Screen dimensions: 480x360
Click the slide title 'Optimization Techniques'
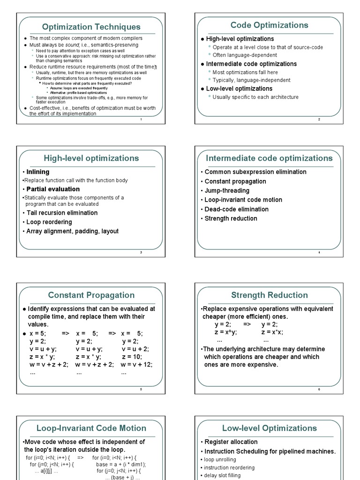[x=91, y=27]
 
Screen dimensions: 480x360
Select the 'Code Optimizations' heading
[x=269, y=25]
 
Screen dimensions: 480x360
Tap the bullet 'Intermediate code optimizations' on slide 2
[x=251, y=64]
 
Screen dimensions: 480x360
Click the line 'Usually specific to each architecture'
[x=255, y=97]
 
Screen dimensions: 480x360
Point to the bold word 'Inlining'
[x=37, y=172]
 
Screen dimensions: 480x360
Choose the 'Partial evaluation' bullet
[x=53, y=189]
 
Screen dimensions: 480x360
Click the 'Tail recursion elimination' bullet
[x=62, y=213]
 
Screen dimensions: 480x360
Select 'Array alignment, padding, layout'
[x=72, y=231]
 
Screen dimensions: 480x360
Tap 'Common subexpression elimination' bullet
[x=255, y=172]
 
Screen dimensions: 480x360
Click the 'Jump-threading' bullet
[x=227, y=191]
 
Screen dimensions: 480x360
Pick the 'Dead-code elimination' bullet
[x=236, y=209]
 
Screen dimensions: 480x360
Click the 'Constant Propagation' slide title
[x=91, y=295]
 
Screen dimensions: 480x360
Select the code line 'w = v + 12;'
[x=136, y=364]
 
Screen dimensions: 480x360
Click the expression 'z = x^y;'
[x=226, y=332]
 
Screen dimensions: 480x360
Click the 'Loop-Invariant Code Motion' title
[x=91, y=428]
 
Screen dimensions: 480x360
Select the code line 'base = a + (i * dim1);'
[x=121, y=465]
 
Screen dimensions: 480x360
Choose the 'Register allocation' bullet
[x=231, y=442]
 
